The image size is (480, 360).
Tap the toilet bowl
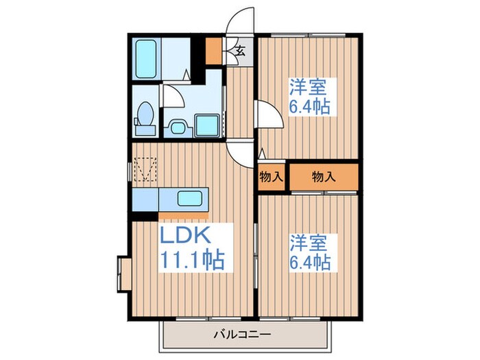coord(145,117)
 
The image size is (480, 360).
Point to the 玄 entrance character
coord(241,49)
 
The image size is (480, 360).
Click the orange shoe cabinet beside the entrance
coord(213,49)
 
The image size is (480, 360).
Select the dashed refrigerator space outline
coord(145,169)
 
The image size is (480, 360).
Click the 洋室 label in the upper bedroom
coord(308,88)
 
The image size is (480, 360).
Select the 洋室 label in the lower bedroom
coord(308,242)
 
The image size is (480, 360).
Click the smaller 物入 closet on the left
coord(272,176)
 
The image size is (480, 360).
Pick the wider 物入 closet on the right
coord(324,176)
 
